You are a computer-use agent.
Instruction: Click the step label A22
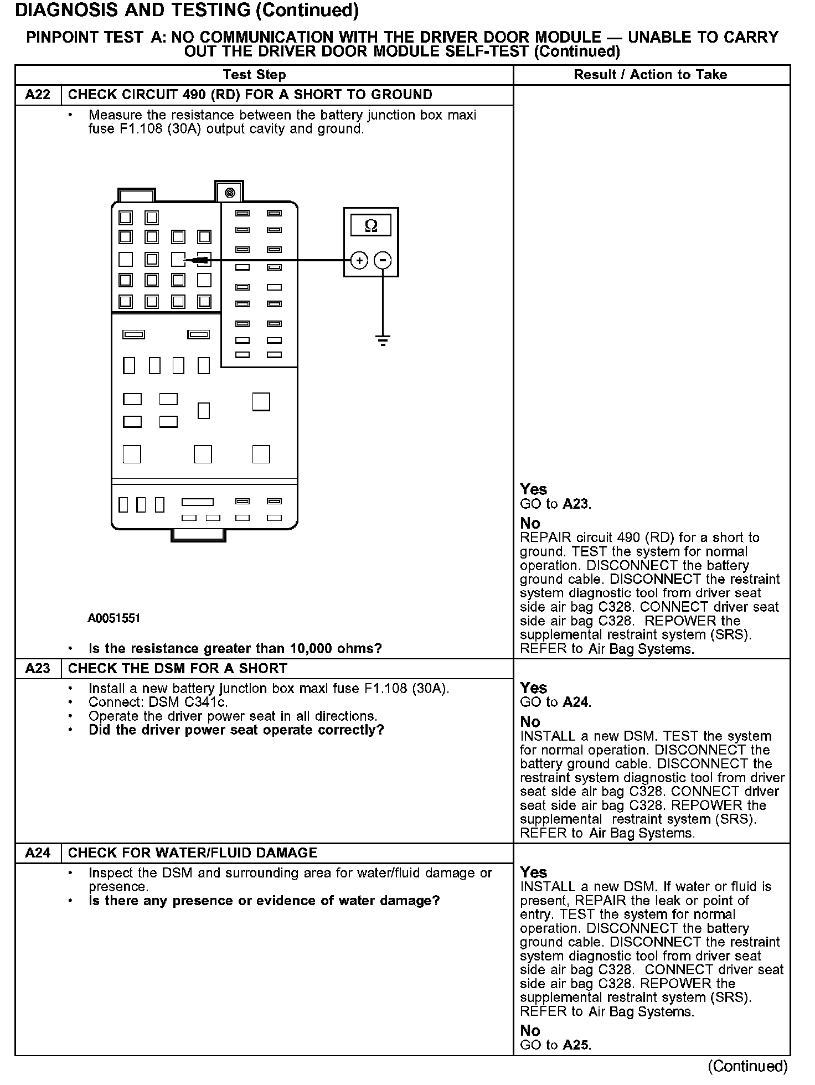coord(38,95)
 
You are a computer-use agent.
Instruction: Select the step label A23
coord(38,669)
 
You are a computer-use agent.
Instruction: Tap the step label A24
coord(38,853)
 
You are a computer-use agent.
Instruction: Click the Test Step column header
coord(254,75)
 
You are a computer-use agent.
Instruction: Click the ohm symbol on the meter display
coord(371,226)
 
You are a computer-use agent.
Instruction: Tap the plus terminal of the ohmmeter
coord(359,260)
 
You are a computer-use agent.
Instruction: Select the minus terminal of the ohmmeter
coord(383,260)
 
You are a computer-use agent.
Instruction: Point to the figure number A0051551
coord(114,618)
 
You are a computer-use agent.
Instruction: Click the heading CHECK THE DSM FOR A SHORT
coord(177,669)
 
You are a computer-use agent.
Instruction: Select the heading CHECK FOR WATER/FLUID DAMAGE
coord(193,853)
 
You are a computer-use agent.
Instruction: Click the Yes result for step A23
coord(534,688)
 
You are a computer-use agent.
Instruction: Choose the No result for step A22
coord(530,523)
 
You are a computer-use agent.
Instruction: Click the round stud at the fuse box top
coord(230,193)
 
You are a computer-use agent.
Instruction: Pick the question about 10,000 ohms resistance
coord(235,649)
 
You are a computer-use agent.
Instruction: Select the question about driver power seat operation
coord(236,730)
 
